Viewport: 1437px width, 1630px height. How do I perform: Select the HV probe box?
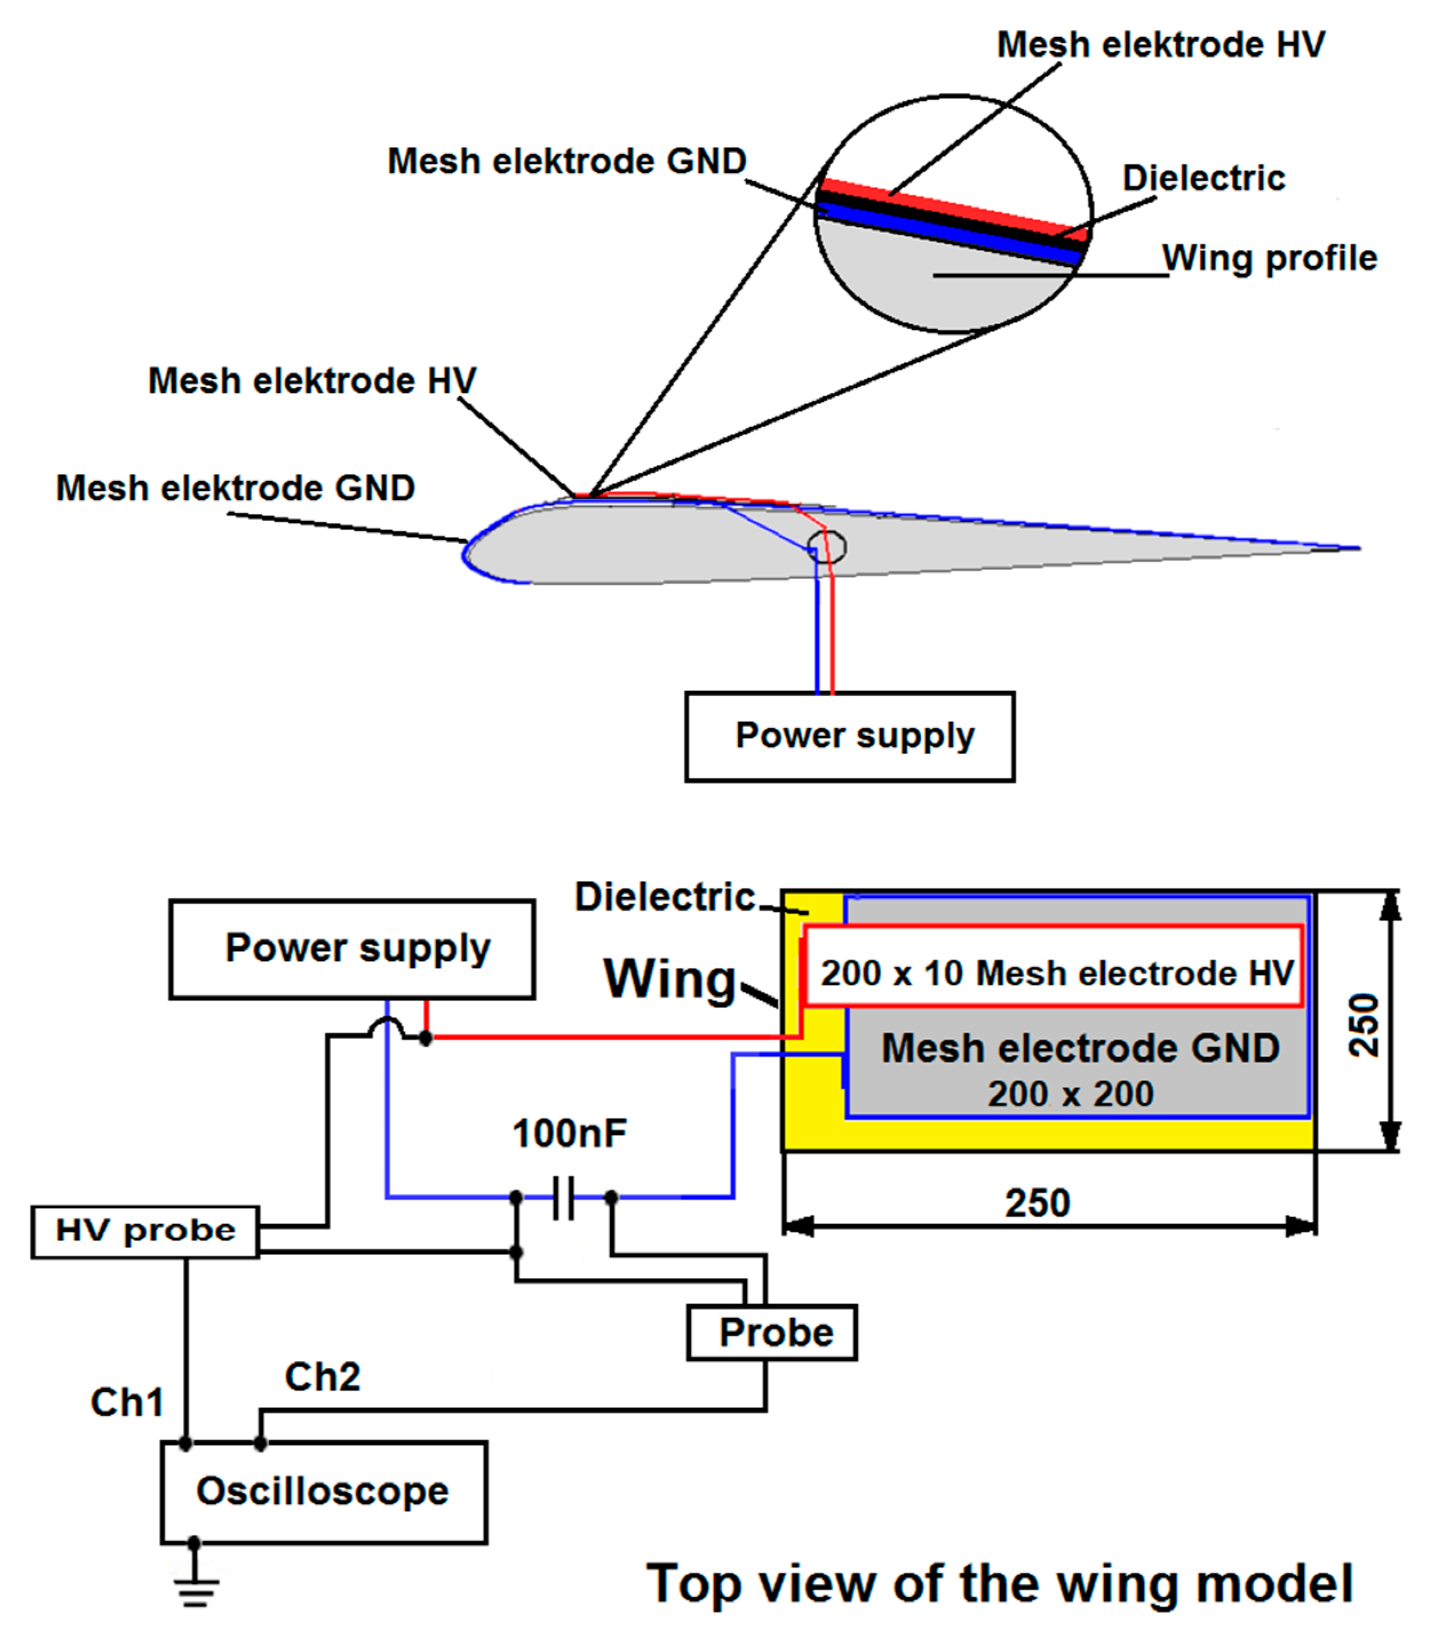145,1232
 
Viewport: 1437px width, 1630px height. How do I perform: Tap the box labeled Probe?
772,1333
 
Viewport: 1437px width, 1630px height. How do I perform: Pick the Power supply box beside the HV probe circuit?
352,949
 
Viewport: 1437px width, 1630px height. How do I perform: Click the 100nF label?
570,1133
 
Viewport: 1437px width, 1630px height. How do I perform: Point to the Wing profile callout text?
1269,258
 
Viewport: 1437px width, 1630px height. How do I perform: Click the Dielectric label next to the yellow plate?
664,897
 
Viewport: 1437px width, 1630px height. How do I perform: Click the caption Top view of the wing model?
999,1583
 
